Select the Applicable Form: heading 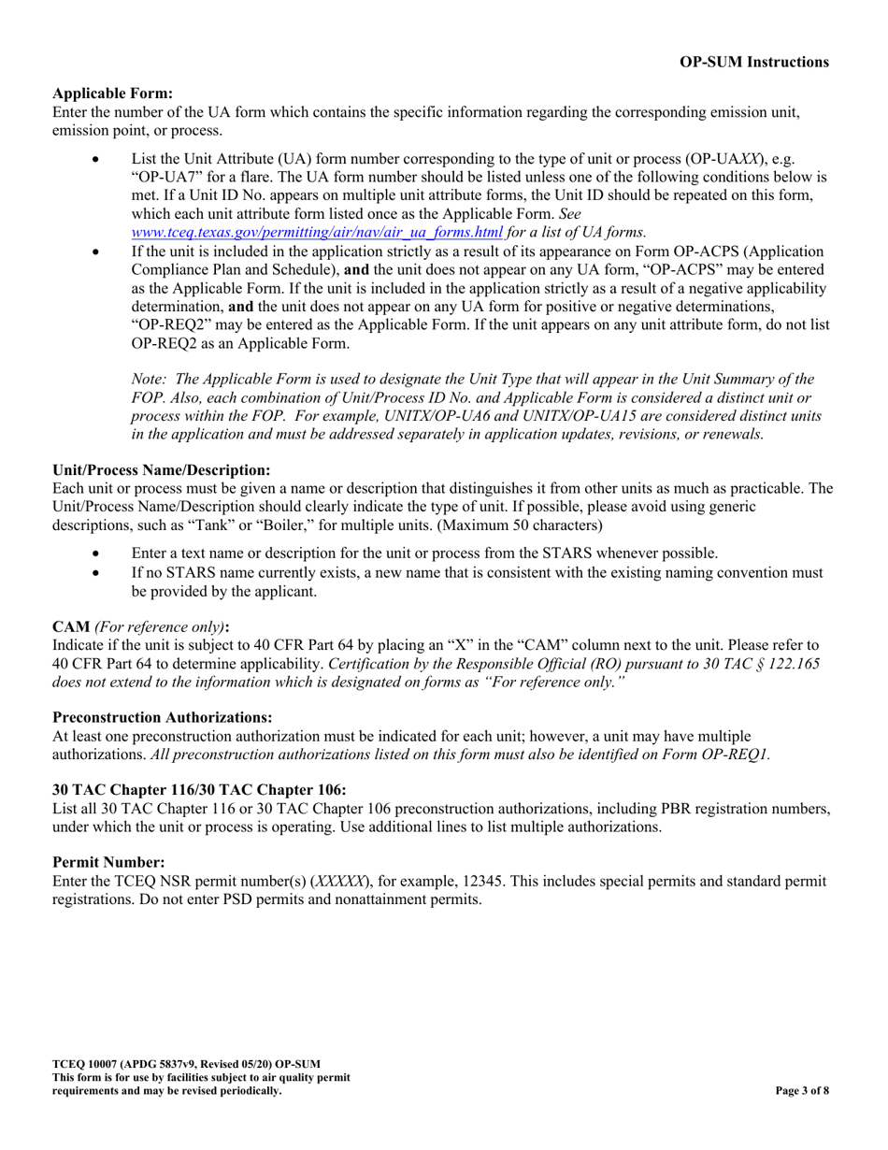tap(112, 93)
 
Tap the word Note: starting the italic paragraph tap(150, 379)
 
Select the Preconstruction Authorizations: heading tap(163, 717)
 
